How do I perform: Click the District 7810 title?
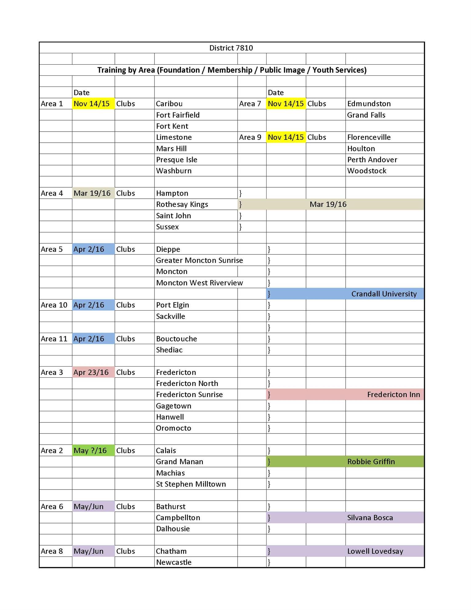coord(231,48)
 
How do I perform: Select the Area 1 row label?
coord(52,104)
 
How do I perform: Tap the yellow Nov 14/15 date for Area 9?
coord(286,137)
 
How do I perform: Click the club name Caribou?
coord(169,104)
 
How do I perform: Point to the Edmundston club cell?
coord(369,104)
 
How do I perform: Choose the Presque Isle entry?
coord(176,160)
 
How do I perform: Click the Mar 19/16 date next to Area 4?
coord(92,193)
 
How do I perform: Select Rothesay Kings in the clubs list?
coord(182,205)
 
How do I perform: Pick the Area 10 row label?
coord(54,305)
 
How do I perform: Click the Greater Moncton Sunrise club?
coord(199,261)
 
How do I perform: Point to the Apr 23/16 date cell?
coord(91,372)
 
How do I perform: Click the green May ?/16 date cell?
coord(90,451)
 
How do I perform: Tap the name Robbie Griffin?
coord(371,462)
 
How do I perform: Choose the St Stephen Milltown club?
coord(191,484)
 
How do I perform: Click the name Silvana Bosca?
coord(370,518)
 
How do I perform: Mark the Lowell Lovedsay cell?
coord(375,551)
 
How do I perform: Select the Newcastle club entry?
coord(174,563)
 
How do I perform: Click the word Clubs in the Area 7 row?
coord(316,104)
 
